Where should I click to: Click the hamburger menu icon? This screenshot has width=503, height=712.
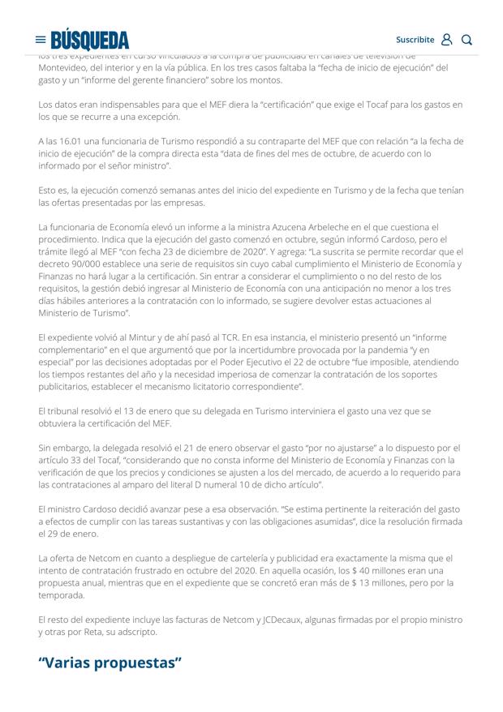[41, 40]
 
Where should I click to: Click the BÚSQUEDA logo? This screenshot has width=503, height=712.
[89, 40]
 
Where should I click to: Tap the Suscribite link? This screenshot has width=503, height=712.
[415, 40]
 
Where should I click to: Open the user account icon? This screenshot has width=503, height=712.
[446, 40]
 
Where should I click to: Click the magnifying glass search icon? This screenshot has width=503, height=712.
[466, 40]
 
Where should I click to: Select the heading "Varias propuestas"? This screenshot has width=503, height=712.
[110, 663]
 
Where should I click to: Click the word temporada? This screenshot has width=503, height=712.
[61, 595]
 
